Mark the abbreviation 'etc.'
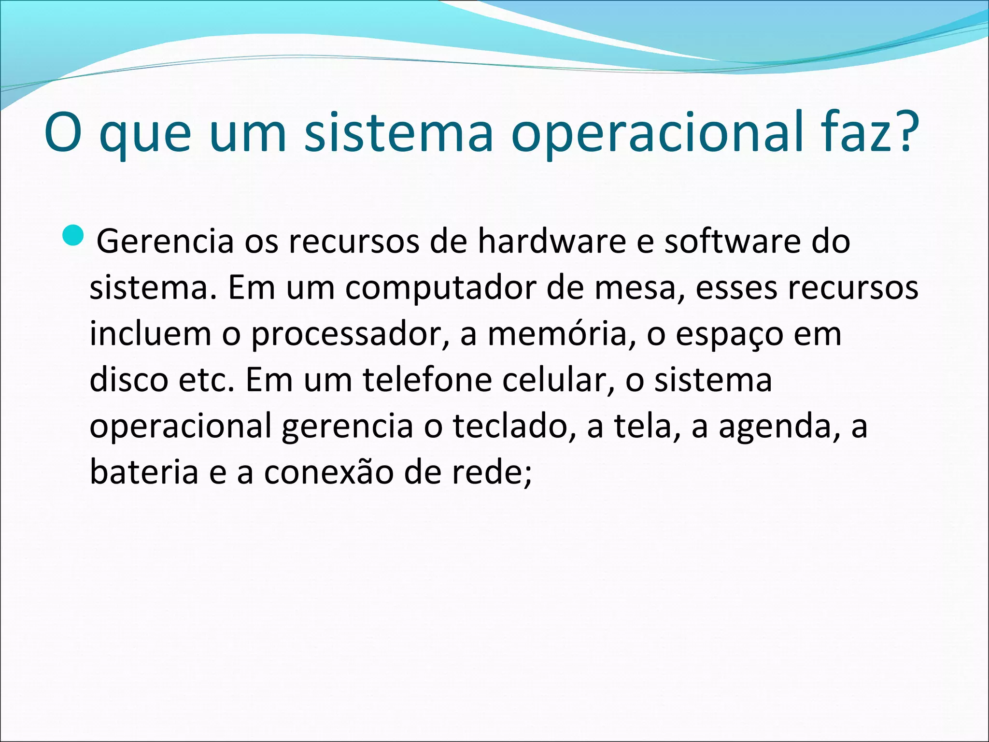[206, 379]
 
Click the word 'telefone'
[427, 379]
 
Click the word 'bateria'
[144, 471]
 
